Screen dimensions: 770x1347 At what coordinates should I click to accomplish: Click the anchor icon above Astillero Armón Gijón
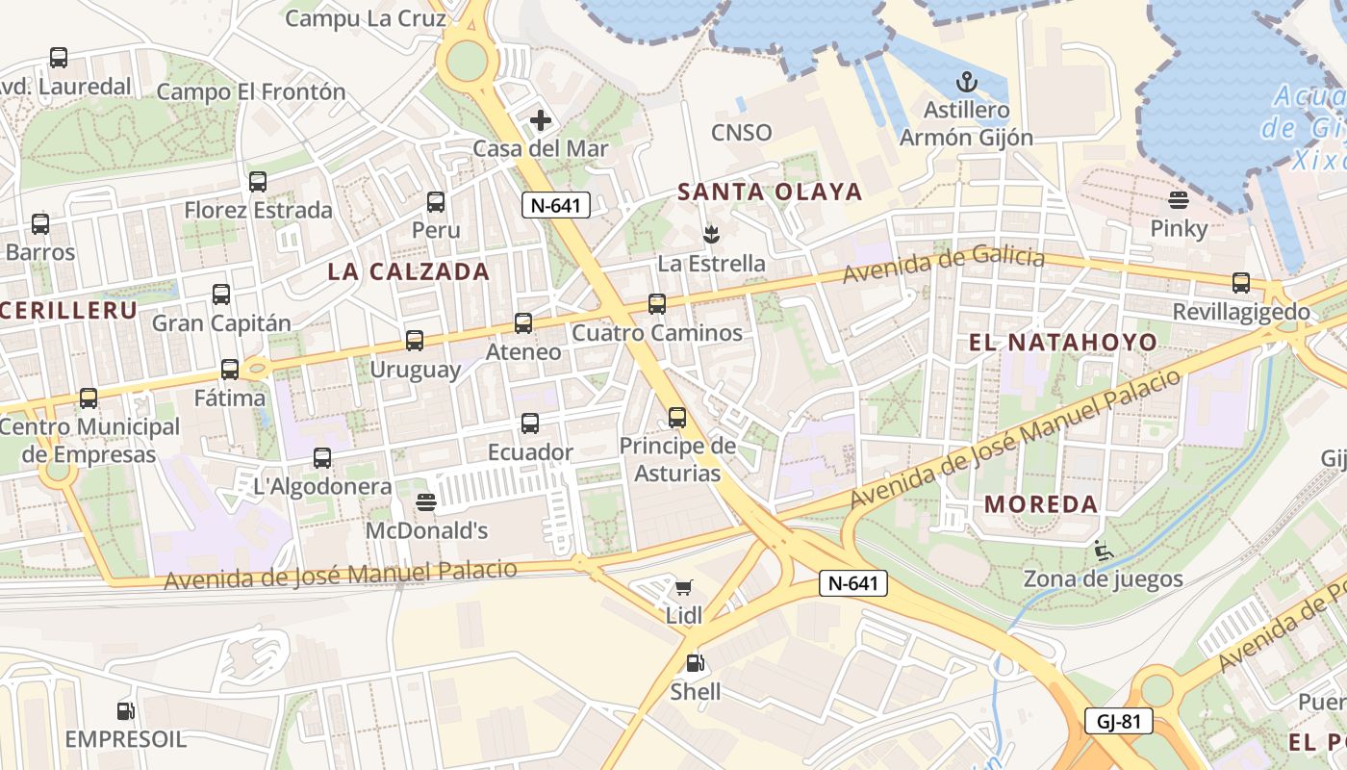coord(966,83)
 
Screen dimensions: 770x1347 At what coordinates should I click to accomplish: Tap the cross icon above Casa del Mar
coord(541,120)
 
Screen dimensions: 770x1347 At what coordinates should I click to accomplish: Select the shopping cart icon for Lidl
coord(684,587)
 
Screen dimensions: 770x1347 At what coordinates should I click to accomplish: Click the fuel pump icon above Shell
coord(695,663)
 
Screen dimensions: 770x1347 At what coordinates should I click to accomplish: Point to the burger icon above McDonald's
coord(426,502)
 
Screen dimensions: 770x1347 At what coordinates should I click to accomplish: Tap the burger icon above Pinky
coord(1179,200)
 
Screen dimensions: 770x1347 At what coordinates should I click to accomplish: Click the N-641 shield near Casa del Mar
coord(556,204)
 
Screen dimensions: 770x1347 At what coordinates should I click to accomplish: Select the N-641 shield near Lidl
coord(853,582)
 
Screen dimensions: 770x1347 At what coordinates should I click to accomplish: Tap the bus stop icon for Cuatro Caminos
coord(657,304)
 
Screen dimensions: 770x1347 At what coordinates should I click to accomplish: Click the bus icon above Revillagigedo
coord(1241,283)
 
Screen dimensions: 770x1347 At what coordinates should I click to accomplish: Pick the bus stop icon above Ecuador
coord(530,423)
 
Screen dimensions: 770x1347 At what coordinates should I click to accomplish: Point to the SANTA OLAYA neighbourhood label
coord(770,192)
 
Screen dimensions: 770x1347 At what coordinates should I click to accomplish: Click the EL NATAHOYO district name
coord(1062,342)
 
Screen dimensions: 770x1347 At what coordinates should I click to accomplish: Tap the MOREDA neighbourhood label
coord(1041,504)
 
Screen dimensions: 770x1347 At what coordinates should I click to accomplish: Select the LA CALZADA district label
coord(409,271)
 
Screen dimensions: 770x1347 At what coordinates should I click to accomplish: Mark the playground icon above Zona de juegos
coord(1103,551)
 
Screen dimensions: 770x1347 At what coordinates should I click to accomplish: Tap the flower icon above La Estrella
coord(711,234)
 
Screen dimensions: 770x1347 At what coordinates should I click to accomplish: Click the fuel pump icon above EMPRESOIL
coord(125,711)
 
